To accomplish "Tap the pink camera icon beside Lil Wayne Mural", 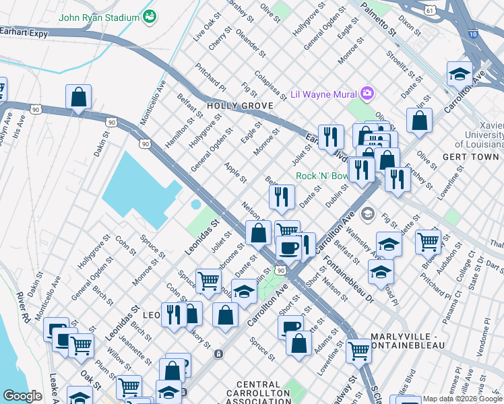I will click(367, 93).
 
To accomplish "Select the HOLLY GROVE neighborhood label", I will click(239, 106).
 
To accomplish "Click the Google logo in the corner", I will click(22, 396).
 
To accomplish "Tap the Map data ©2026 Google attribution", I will click(462, 399).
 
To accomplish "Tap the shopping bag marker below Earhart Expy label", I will click(78, 97).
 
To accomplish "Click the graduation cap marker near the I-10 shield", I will click(459, 74).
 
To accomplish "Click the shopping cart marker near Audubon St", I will click(428, 242).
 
